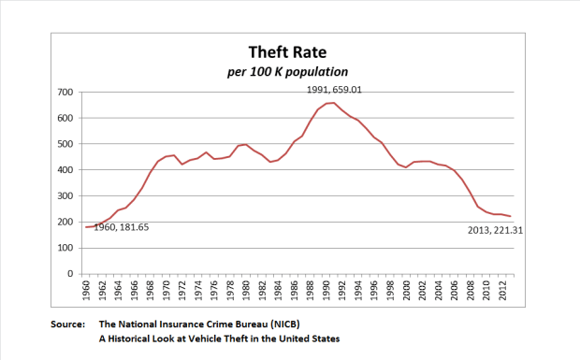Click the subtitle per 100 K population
coord(289,72)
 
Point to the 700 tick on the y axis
coord(66,92)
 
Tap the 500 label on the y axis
coord(66,144)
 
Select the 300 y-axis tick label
coord(66,195)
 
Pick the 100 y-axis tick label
coord(66,248)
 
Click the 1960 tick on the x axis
coord(87,291)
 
